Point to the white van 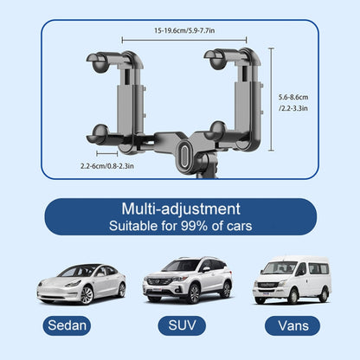click(291, 278)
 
